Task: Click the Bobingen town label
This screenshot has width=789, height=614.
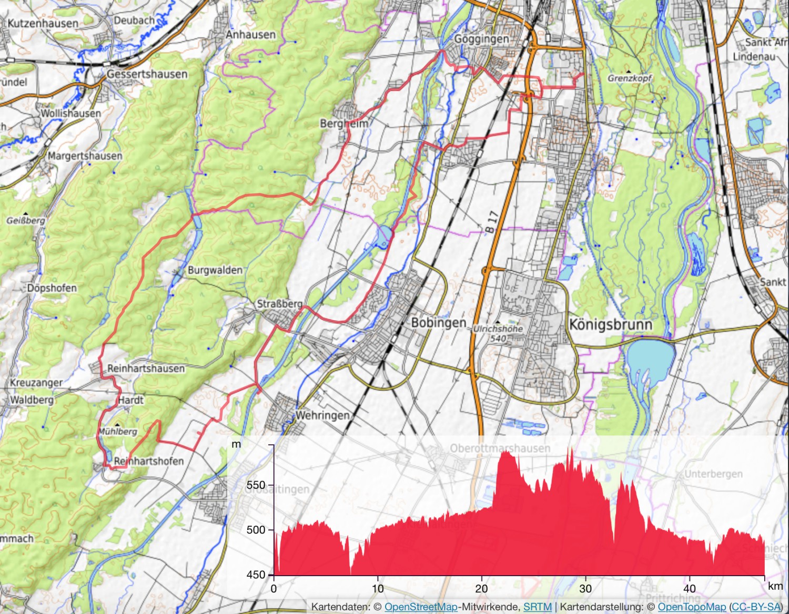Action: tap(438, 323)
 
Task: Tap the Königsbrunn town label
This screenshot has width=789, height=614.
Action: tap(611, 324)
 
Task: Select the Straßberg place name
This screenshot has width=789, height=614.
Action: tap(279, 304)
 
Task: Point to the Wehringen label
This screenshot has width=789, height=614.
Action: tap(322, 415)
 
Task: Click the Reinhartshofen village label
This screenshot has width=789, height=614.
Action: tap(149, 461)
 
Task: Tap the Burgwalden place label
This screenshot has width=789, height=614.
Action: tap(215, 270)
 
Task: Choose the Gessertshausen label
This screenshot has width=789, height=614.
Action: tap(147, 74)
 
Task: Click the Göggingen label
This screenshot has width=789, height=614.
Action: tap(481, 39)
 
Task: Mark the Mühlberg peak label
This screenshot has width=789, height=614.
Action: tap(118, 431)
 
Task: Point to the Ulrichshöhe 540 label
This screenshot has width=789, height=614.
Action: tap(498, 333)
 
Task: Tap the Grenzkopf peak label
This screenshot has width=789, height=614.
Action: tap(630, 78)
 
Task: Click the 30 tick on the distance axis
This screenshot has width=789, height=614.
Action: tap(585, 588)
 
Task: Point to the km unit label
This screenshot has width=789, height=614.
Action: tap(775, 586)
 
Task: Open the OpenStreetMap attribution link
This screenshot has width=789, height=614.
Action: tap(421, 607)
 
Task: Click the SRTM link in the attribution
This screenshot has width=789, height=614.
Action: tap(537, 607)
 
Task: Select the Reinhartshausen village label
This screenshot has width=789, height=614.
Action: tap(146, 369)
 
